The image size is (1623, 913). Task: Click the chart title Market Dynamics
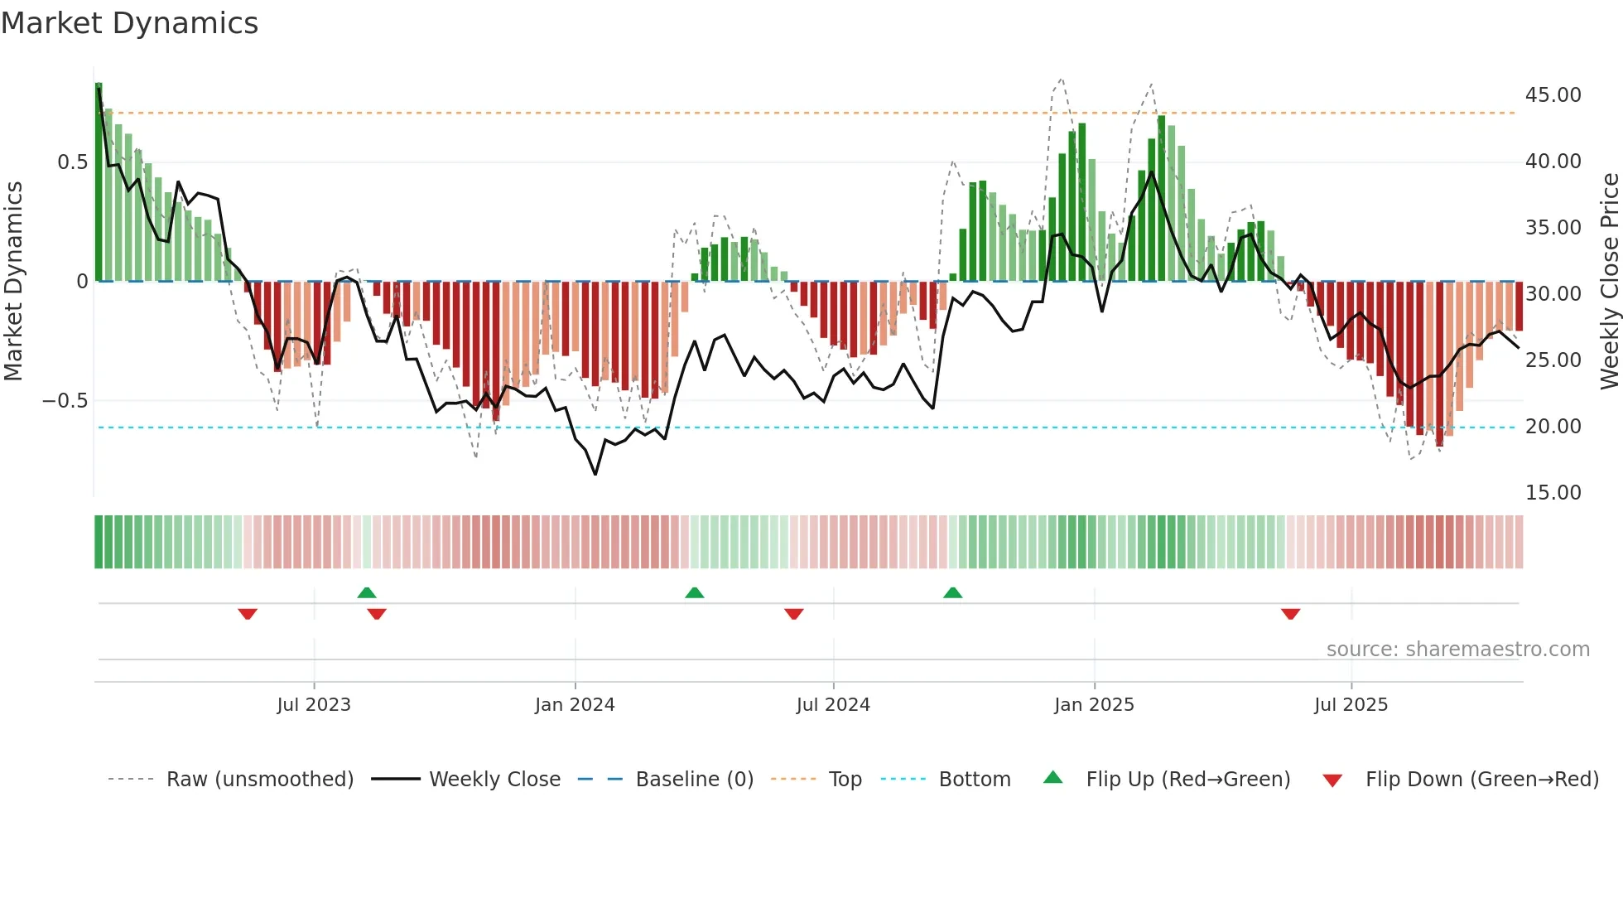coord(130,23)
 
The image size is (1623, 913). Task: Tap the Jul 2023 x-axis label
coord(314,705)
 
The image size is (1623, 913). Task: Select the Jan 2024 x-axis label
coord(575,705)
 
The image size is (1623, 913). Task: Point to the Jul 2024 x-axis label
coord(833,705)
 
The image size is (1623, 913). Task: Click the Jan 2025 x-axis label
coord(1094,705)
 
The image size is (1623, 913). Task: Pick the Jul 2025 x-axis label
coord(1351,705)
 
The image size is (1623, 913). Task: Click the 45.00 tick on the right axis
coord(1553,95)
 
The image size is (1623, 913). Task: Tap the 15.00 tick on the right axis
coord(1553,493)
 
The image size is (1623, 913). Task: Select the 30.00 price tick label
coord(1553,294)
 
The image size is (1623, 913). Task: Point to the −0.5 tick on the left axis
coord(65,401)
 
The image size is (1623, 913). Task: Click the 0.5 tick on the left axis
coord(73,162)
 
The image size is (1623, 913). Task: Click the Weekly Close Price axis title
coord(1609,282)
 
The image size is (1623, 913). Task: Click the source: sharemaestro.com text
coord(1457,650)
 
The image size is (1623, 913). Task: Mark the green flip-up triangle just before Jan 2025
coord(953,593)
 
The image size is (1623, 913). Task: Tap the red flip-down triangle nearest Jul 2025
coord(1290,614)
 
